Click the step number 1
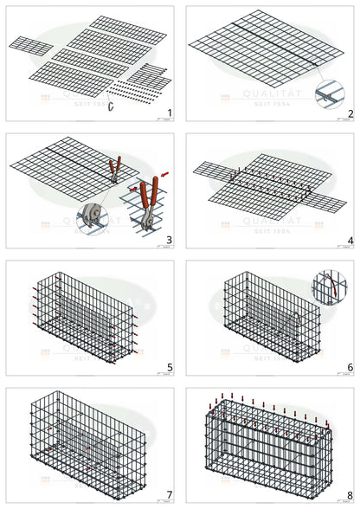[x=170, y=113]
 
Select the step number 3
[x=170, y=241]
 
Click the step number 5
[x=170, y=367]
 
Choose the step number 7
[x=170, y=494]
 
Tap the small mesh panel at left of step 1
[x=31, y=43]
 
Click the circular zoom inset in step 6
[x=329, y=286]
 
